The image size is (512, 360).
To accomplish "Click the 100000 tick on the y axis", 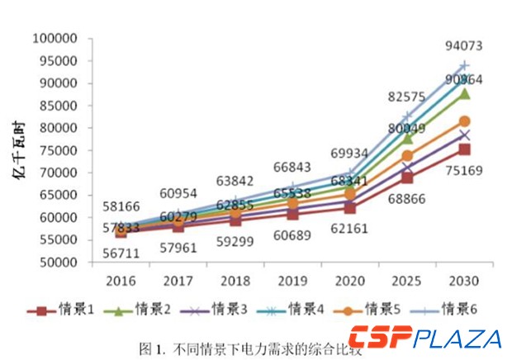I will [x=54, y=39].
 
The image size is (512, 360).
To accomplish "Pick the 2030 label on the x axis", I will [x=464, y=279].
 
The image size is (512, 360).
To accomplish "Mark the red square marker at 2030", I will [x=464, y=149].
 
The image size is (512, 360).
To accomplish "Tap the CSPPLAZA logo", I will [x=424, y=338].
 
